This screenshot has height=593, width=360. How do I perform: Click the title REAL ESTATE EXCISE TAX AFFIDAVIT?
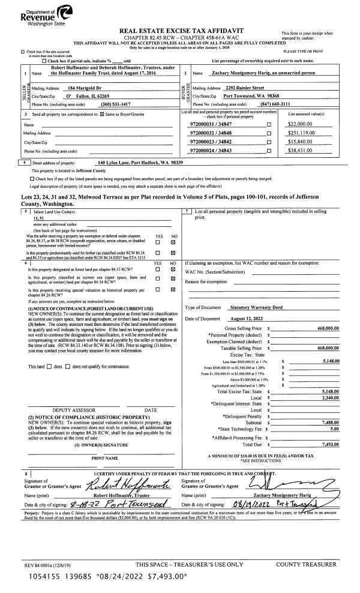[179, 29]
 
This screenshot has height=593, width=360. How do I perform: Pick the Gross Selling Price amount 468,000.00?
[325, 329]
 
